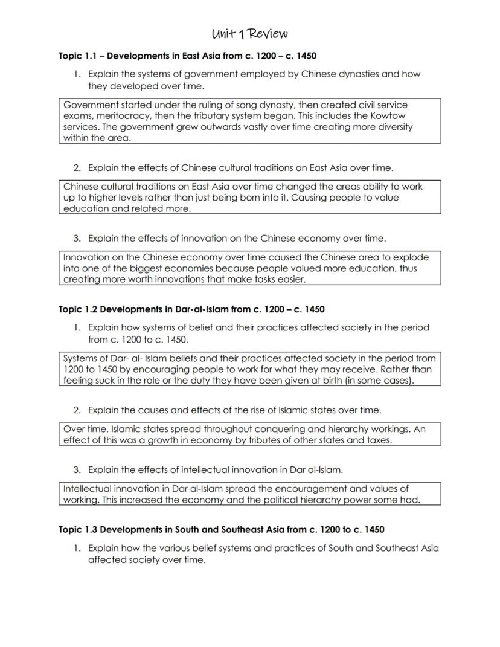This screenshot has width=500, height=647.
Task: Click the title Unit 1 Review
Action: point(250,33)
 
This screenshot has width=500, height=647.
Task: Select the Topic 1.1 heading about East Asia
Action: point(187,56)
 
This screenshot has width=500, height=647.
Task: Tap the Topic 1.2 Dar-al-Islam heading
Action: point(191,309)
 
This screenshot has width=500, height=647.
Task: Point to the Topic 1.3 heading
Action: point(221,530)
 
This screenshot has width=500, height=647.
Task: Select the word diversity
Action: point(393,127)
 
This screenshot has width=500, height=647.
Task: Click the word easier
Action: point(288,279)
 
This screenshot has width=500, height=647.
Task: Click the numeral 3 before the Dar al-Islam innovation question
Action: point(77,469)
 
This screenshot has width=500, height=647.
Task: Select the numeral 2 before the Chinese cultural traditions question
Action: point(77,167)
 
